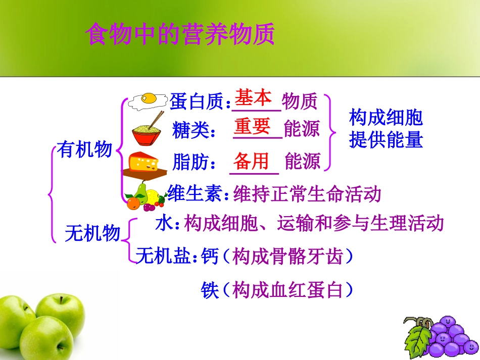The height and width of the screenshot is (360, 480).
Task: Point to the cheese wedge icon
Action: (144, 163)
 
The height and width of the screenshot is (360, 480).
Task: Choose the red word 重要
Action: (253, 126)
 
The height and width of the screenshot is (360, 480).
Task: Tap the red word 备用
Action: (251, 161)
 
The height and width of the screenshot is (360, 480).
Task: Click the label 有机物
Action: (84, 149)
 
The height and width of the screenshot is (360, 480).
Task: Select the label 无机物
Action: (93, 233)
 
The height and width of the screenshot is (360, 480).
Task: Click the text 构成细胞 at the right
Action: (386, 118)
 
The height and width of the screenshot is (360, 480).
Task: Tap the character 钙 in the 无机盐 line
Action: (210, 257)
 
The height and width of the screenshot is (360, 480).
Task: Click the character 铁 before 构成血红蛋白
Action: (210, 290)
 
